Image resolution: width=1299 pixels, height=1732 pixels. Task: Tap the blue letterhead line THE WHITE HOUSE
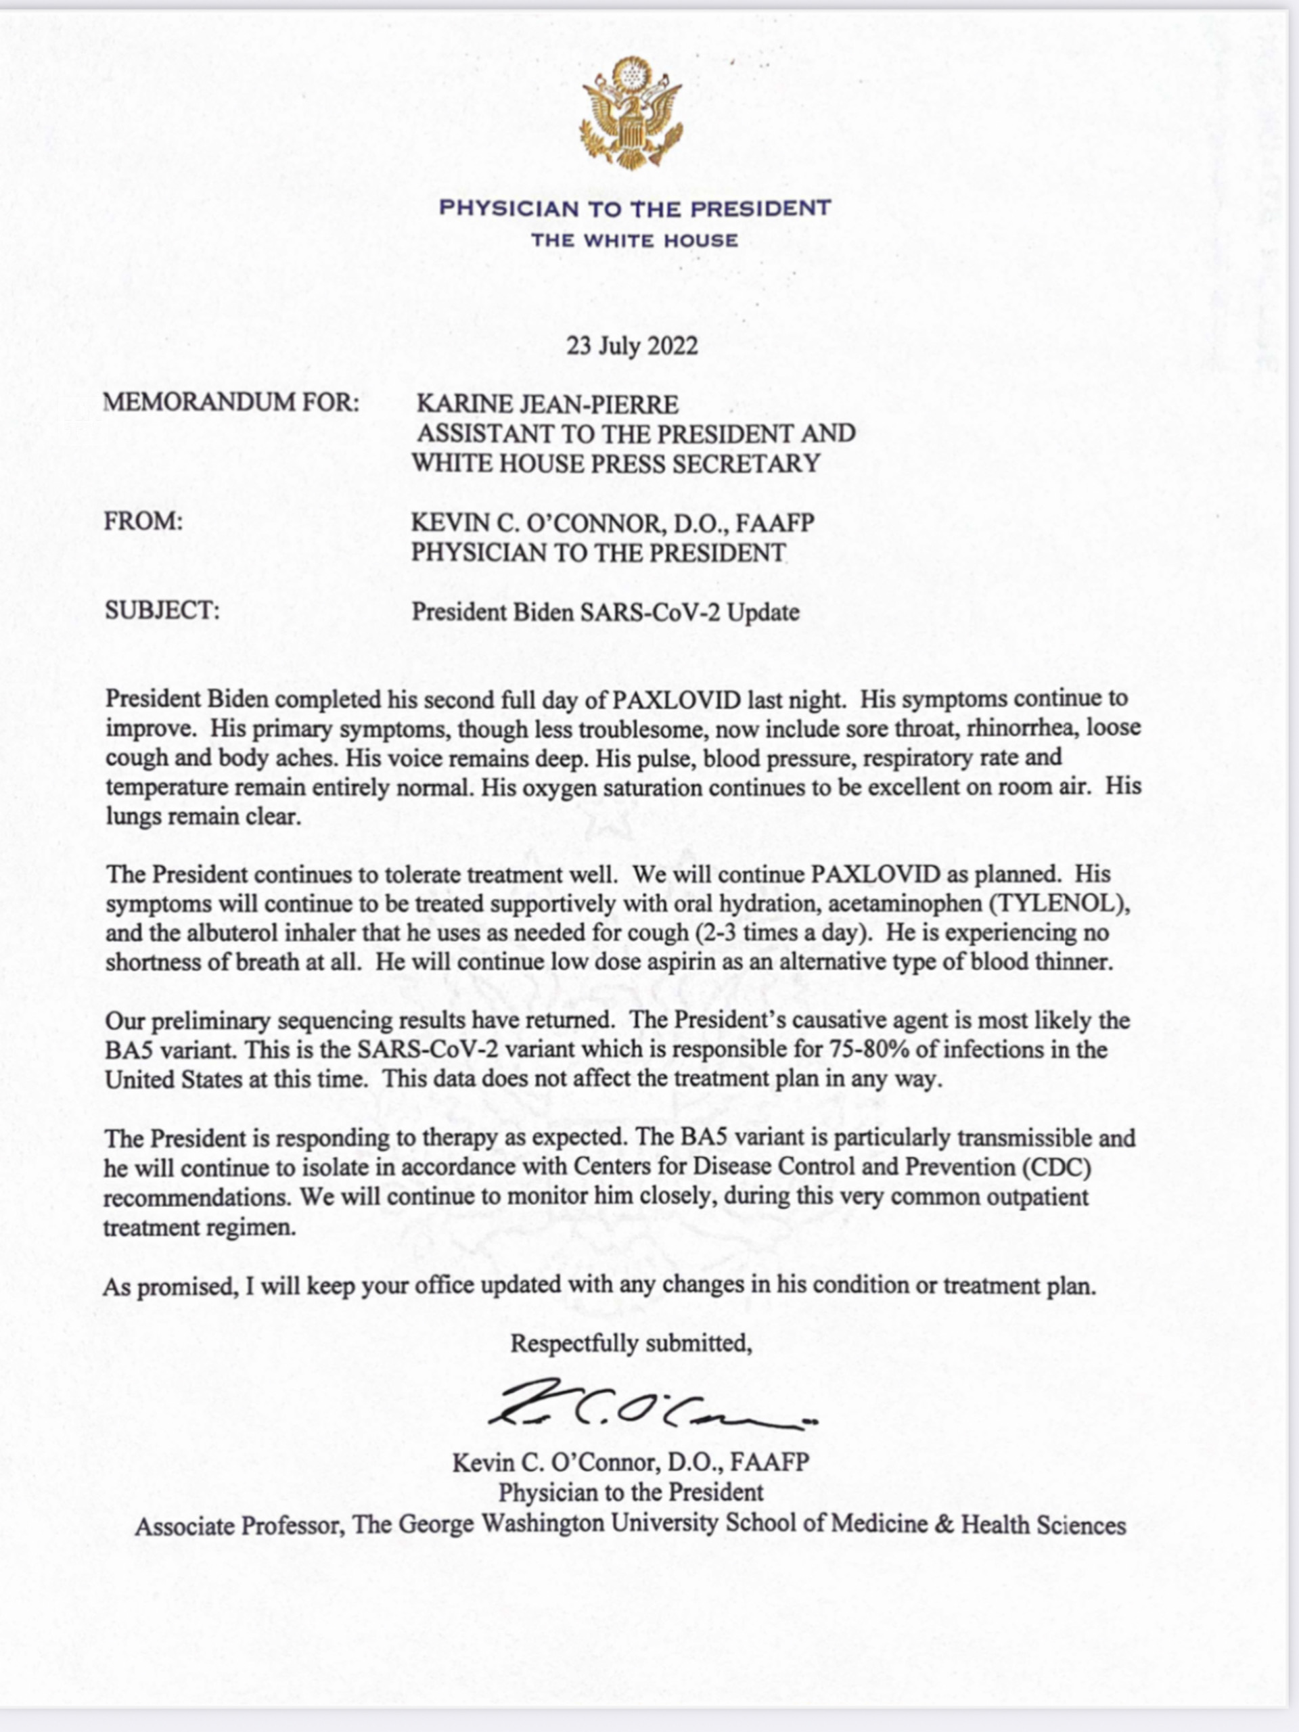[634, 240]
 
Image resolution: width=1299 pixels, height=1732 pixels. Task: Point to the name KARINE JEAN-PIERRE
[547, 404]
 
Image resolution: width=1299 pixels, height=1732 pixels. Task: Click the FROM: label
[143, 522]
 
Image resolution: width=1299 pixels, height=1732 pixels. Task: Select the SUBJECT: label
[162, 610]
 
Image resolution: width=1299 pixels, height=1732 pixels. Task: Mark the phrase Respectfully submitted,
[632, 1344]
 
